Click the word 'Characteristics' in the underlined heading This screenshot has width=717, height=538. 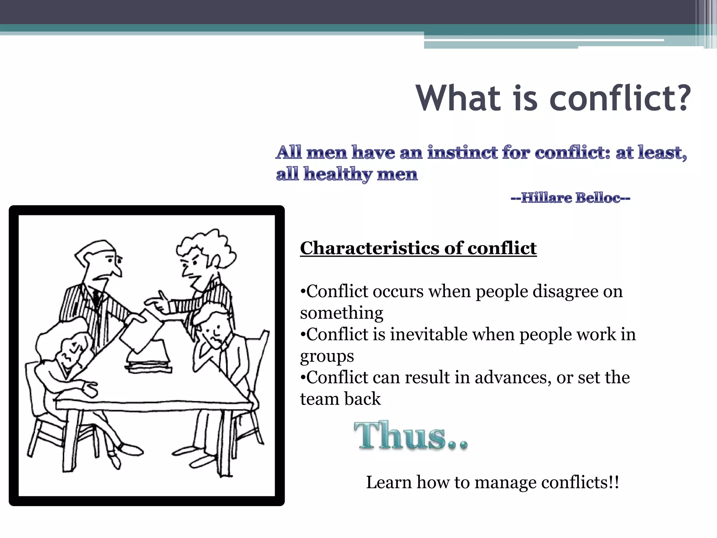click(369, 248)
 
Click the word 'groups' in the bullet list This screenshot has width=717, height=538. click(327, 356)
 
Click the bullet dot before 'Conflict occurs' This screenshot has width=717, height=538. click(303, 291)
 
